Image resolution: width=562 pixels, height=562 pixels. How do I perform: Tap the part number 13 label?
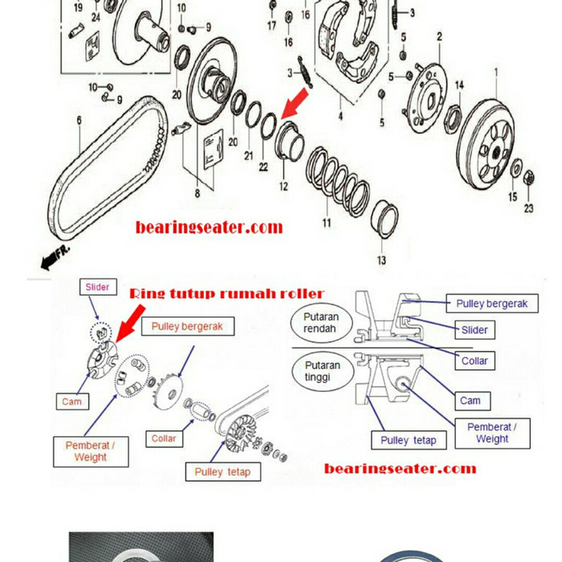pyautogui.click(x=382, y=260)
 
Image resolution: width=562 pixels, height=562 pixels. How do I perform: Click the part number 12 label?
pyautogui.click(x=283, y=186)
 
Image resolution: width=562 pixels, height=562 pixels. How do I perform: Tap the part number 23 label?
pyautogui.click(x=528, y=209)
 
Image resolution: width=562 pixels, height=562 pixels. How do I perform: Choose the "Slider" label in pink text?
pyautogui.click(x=97, y=287)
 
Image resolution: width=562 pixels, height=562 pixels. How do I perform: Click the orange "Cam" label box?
pyautogui.click(x=72, y=401)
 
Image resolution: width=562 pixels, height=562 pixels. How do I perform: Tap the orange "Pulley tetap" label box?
pyautogui.click(x=222, y=471)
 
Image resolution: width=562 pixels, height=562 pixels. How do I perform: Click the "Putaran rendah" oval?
pyautogui.click(x=321, y=323)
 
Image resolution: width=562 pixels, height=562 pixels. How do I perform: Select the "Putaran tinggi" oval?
pyautogui.click(x=321, y=371)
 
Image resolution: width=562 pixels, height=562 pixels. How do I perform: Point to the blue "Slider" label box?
pyautogui.click(x=474, y=329)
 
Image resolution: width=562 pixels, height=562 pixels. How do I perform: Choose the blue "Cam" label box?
pyautogui.click(x=470, y=400)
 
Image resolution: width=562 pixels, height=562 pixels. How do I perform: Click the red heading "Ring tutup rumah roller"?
pyautogui.click(x=226, y=293)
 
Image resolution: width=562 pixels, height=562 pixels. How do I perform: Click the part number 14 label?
pyautogui.click(x=458, y=85)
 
